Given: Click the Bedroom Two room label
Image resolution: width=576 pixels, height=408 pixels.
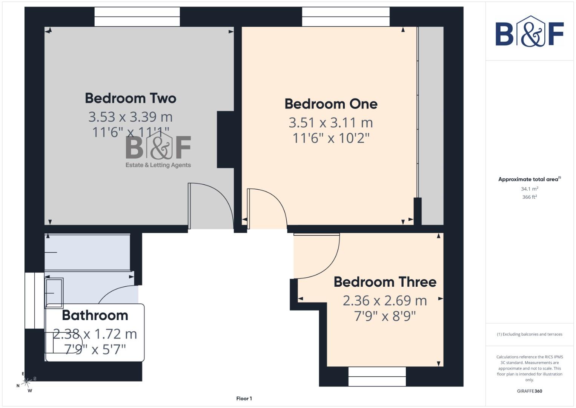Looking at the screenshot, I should [131, 98].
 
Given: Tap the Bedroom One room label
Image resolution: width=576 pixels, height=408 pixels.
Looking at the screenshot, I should [331, 104].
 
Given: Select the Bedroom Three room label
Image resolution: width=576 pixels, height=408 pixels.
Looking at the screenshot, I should [385, 282].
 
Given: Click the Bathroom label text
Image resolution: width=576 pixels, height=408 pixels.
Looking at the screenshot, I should [95, 315].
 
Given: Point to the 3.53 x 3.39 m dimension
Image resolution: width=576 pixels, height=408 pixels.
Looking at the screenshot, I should [131, 117].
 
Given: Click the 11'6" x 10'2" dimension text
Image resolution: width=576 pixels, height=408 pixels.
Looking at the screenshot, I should [331, 138].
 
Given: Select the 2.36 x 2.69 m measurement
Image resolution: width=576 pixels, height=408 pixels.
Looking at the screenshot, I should [385, 300].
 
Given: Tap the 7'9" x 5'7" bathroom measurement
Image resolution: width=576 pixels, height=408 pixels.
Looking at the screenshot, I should [95, 349].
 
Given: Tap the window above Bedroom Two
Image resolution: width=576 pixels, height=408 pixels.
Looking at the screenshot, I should [137, 17].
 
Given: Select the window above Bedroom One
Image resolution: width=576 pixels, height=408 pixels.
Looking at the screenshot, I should [346, 17].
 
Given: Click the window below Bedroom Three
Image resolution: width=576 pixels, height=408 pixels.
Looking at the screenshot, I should [377, 376].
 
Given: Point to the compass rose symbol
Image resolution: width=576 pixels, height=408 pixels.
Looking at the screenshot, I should [26, 383].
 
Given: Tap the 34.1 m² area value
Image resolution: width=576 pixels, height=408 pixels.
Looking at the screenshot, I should [529, 189].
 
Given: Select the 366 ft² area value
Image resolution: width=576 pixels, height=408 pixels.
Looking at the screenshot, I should [529, 197].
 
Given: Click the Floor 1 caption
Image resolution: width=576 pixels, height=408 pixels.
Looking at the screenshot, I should [244, 398].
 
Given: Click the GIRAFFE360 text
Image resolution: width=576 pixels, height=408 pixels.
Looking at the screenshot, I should [529, 391].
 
